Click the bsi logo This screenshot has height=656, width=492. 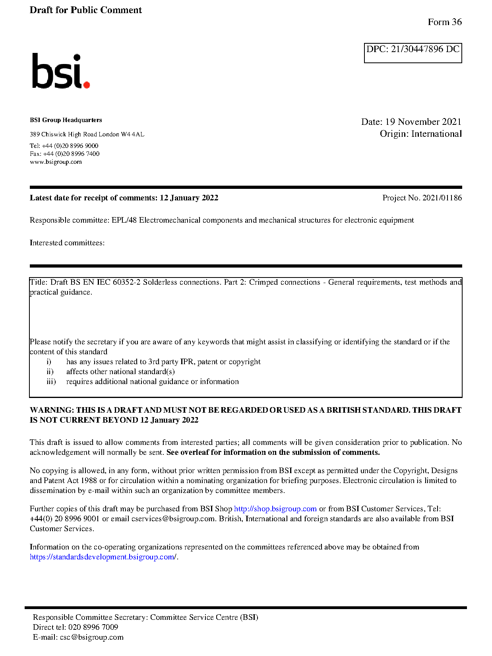[60, 71]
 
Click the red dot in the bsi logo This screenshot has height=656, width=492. [86, 84]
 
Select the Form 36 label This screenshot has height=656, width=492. [444, 22]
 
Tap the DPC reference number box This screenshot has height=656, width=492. [413, 52]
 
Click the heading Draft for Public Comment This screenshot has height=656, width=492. [85, 10]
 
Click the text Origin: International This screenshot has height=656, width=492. [420, 134]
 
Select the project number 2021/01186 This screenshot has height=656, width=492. [442, 198]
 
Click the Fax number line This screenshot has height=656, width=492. [65, 154]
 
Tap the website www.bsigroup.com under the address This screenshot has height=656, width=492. [56, 162]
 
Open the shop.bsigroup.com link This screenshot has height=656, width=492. [275, 509]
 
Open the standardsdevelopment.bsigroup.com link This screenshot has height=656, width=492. [103, 557]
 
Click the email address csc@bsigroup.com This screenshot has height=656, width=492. [91, 637]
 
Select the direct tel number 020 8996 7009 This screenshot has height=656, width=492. [93, 627]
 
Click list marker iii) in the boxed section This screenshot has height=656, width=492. [51, 382]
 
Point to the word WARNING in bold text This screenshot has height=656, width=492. [52, 410]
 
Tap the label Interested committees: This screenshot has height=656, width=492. [67, 243]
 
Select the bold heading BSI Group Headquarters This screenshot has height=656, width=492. [66, 120]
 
